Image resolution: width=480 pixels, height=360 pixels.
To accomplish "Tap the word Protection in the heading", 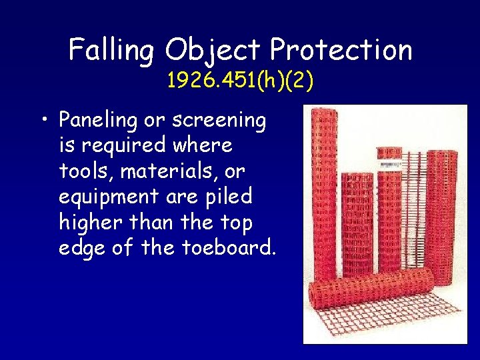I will point(341,51).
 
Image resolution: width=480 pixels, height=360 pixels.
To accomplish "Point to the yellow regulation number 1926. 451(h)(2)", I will point(240,81).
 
